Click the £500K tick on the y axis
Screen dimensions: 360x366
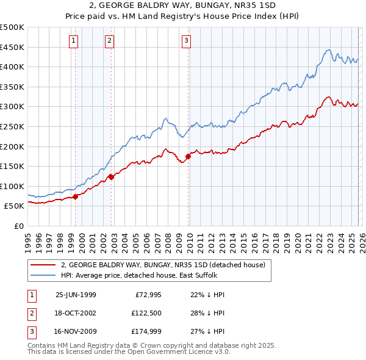(x=12, y=27)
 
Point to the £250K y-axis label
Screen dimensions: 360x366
(x=12, y=126)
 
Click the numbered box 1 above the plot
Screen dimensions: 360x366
(x=73, y=41)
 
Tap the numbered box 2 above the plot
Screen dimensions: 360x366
(x=109, y=41)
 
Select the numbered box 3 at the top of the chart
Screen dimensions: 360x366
(x=186, y=41)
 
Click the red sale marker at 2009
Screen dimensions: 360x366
(x=188, y=156)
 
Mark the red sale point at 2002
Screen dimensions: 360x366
(x=112, y=177)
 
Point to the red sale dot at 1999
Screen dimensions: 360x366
(x=76, y=196)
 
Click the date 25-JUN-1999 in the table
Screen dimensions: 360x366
(x=76, y=295)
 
